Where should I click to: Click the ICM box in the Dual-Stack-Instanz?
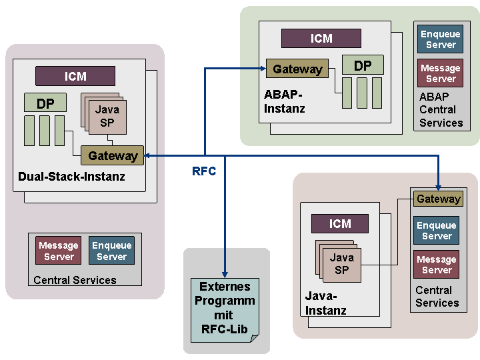[x=75, y=76]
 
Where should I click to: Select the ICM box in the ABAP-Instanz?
[x=321, y=39]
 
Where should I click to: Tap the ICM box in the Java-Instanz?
[x=339, y=224]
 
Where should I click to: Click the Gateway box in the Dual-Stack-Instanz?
[x=113, y=156]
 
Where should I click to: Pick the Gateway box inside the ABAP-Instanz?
[x=297, y=69]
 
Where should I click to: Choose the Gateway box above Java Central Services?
[x=438, y=199]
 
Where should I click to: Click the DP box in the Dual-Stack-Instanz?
[x=45, y=103]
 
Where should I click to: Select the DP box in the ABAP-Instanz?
[x=363, y=65]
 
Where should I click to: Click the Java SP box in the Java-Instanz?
[x=341, y=264]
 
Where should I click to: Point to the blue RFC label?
[x=204, y=171]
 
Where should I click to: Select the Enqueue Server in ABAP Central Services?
[x=441, y=39]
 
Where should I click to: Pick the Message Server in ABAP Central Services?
[x=441, y=73]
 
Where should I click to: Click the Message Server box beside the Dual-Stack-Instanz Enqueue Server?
[x=59, y=251]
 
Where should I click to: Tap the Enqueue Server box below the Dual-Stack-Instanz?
[x=111, y=251]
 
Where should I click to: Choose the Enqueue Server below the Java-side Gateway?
[x=437, y=231]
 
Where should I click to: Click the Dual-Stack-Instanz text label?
[x=71, y=177]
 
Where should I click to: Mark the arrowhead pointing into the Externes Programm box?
[x=225, y=273]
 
